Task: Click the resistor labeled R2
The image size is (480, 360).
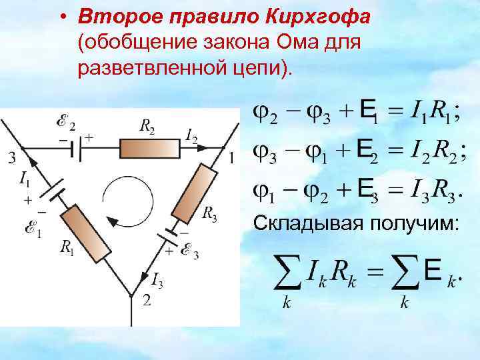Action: [x=149, y=147]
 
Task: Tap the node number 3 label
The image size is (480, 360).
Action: [x=11, y=158]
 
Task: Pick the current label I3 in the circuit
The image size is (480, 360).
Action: [x=157, y=279]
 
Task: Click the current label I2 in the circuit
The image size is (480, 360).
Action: [x=191, y=138]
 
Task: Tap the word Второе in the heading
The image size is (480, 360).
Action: [x=117, y=15]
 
